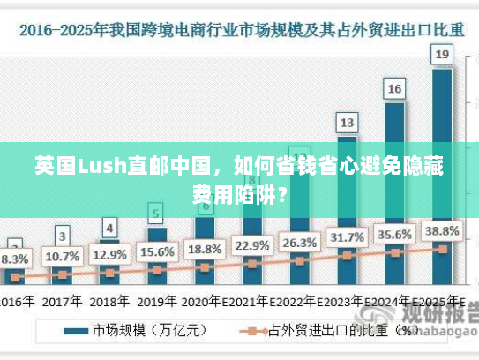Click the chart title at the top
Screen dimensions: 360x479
pyautogui.click(x=239, y=28)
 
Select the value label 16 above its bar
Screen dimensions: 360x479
pyautogui.click(x=394, y=88)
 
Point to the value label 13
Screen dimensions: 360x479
pyautogui.click(x=347, y=122)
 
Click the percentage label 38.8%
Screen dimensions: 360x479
pyautogui.click(x=443, y=230)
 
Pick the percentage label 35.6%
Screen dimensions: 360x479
pyautogui.click(x=394, y=234)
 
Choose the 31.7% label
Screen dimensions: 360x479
pyautogui.click(x=347, y=237)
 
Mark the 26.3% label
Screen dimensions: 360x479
pyautogui.click(x=299, y=242)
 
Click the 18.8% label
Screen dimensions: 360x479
pyautogui.click(x=205, y=248)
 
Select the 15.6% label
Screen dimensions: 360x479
pyautogui.click(x=157, y=251)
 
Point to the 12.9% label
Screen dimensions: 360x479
pyautogui.click(x=109, y=254)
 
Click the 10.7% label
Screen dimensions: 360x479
pyautogui.click(x=62, y=257)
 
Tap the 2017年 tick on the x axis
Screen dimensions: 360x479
pyautogui.click(x=62, y=301)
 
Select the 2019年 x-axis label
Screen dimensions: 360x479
pyautogui.click(x=157, y=301)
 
